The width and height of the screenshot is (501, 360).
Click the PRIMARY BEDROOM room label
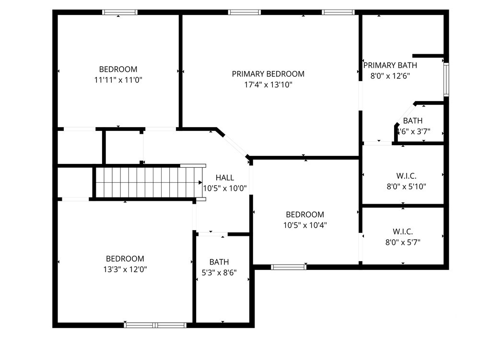tap(268, 74)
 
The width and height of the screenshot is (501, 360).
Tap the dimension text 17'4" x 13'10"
tap(268, 85)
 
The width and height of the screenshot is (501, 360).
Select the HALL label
tap(225, 178)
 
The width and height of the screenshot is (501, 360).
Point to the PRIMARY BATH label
tap(390, 65)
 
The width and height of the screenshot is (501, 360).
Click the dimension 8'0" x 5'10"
tap(407, 186)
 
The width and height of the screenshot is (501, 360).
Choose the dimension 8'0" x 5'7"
tap(403, 243)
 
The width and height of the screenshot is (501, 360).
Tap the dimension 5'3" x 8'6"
tap(219, 273)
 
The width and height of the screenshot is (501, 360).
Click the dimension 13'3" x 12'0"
tap(125, 269)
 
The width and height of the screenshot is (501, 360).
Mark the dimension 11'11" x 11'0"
tap(118, 80)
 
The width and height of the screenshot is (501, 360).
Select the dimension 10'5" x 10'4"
tap(305, 225)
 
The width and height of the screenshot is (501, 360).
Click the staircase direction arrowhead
tap(200, 182)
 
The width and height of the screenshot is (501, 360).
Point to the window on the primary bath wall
tap(446, 80)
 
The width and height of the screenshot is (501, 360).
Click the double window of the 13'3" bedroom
tap(155, 325)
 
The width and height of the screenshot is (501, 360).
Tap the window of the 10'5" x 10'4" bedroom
tap(289, 267)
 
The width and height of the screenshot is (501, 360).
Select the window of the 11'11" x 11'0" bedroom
tap(120, 12)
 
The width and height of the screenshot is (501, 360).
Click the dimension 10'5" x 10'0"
tap(225, 188)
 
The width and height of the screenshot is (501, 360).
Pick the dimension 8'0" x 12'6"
tap(390, 76)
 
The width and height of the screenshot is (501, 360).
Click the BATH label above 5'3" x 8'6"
tap(219, 262)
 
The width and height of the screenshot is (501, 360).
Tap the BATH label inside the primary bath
tap(412, 121)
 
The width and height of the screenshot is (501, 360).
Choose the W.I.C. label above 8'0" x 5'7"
tap(403, 232)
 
